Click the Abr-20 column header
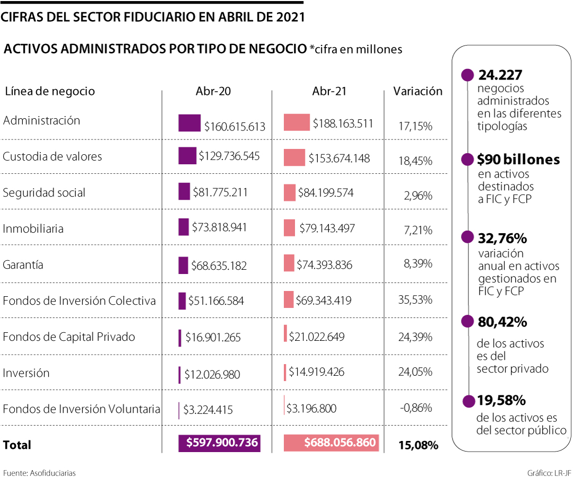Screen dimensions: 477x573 [x=213, y=91]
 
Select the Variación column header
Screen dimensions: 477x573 [x=418, y=91]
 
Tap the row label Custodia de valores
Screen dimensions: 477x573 [x=53, y=156]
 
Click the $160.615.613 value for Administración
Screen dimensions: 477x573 [x=235, y=127]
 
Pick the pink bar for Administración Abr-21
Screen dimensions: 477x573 [x=297, y=122]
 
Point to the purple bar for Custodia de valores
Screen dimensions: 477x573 [x=187, y=155]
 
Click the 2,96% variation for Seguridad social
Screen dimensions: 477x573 [x=418, y=196]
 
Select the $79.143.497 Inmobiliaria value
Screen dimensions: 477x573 [x=327, y=228]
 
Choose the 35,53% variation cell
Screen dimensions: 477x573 [x=415, y=299]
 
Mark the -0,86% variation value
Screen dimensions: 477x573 [x=415, y=408]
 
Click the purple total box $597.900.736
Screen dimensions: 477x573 [x=220, y=443]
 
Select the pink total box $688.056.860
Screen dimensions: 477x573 [x=332, y=443]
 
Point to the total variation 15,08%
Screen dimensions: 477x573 [x=418, y=445]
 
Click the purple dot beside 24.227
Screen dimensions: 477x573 [x=467, y=75]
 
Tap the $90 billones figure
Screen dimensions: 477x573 [x=518, y=159]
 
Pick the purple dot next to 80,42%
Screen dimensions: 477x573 [x=467, y=322]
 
